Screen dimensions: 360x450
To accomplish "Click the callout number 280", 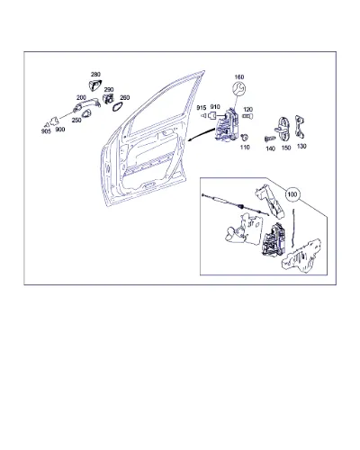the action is [x=95, y=75].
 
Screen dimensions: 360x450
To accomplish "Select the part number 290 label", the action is [x=109, y=90].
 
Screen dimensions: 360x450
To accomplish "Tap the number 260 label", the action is [x=125, y=97].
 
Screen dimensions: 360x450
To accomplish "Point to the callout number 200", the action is [x=81, y=97].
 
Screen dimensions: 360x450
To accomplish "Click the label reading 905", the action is [x=46, y=131].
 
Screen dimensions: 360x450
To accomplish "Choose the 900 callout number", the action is [x=60, y=130].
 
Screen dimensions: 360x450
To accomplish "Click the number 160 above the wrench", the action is [x=239, y=77].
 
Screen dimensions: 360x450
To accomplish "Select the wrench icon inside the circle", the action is [x=239, y=89].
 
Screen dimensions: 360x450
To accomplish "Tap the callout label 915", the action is [x=202, y=108].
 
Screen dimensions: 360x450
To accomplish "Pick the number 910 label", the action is [x=215, y=107].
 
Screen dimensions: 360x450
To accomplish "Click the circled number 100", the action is [x=292, y=194].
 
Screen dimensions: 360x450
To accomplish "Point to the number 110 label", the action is [x=245, y=147].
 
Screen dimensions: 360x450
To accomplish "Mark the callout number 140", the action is [x=271, y=148].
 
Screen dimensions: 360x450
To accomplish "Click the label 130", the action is [x=301, y=146].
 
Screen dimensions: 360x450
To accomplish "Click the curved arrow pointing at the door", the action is [x=201, y=135].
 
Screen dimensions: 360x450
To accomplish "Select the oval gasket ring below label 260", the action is [x=117, y=106].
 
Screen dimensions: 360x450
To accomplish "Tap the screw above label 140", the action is [x=269, y=139].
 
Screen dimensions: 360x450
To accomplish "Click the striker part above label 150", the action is [x=283, y=129].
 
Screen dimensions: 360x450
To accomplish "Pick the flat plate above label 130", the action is [x=300, y=127].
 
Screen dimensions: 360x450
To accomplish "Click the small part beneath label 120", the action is [x=247, y=116].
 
